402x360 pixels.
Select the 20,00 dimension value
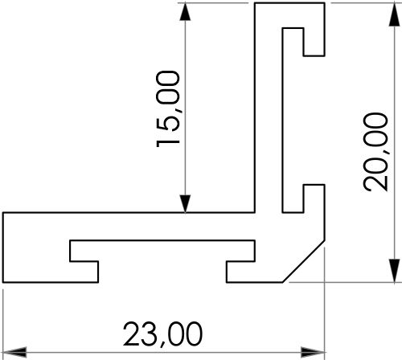[x=375, y=150]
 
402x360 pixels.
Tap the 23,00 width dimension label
[x=162, y=333]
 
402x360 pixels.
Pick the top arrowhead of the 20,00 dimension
[x=395, y=12]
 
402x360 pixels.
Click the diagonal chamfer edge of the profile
[x=306, y=260]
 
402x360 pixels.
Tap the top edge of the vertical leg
[x=291, y=3]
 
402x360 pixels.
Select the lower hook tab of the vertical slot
[x=314, y=199]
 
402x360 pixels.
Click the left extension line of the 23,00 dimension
[x=3, y=321]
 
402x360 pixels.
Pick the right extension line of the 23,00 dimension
[x=323, y=321]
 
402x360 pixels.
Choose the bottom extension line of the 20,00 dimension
[x=346, y=283]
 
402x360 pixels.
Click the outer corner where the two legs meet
[x=255, y=213]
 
